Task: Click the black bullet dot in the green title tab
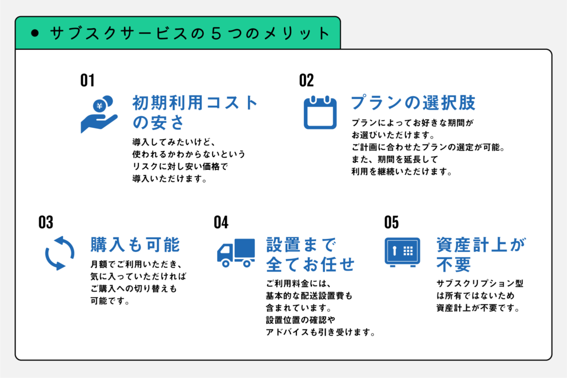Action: (35, 33)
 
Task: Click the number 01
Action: (87, 81)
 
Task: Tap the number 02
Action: (306, 81)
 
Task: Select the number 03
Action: (45, 222)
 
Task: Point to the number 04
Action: (221, 222)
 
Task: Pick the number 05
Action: (391, 222)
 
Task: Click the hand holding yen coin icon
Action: (99, 114)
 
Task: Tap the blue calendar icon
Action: (320, 112)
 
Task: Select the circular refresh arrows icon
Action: (59, 253)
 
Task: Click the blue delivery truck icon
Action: (235, 253)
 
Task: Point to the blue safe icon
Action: (399, 253)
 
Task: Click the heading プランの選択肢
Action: (414, 103)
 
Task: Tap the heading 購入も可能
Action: (135, 245)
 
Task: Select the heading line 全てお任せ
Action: (310, 264)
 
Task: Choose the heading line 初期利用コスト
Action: (195, 103)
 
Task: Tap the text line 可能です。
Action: (110, 302)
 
